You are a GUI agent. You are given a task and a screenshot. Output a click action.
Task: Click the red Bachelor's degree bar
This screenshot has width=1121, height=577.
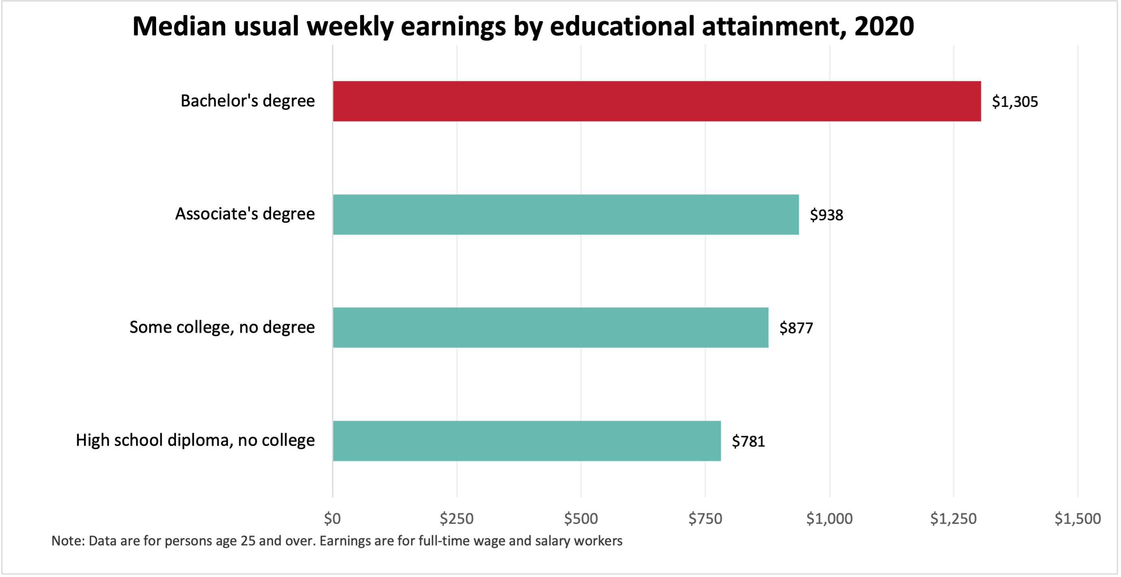coord(657,101)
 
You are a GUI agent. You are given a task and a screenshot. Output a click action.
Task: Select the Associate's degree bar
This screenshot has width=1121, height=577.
coord(566,215)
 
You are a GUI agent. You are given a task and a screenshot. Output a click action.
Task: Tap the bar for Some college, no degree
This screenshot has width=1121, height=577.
coord(551,327)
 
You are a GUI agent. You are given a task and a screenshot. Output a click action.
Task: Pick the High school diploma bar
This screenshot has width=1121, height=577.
coord(527,440)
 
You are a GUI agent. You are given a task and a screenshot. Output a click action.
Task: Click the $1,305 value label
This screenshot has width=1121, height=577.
coord(1015,102)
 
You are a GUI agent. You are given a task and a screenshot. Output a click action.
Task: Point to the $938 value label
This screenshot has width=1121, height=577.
coord(826,215)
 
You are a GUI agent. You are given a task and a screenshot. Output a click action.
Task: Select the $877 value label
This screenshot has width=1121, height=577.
coord(796,328)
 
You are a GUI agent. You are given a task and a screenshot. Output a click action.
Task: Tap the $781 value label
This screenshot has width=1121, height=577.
coord(748,441)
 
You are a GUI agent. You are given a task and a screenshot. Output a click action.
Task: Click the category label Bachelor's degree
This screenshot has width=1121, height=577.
coord(247,101)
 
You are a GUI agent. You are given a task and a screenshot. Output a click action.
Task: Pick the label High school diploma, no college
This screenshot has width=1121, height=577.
coord(195,440)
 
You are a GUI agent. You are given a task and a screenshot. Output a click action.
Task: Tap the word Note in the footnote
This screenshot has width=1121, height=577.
coord(67,541)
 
